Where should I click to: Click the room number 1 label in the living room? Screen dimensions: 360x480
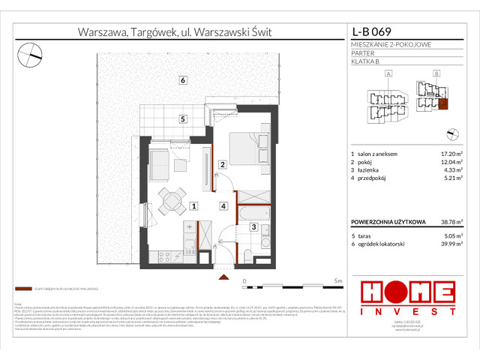pos(193,205)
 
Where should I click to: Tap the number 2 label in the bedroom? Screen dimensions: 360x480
pos(223,165)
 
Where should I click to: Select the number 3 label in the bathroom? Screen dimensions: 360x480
pos(254,227)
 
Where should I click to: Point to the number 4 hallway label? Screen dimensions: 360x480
pos(223,205)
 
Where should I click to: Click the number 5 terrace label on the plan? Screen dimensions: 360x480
pos(182,119)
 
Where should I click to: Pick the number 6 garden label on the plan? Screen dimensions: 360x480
pos(182,80)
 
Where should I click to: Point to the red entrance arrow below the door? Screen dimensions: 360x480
pos(223,277)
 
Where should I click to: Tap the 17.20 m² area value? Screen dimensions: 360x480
pos(446,154)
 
